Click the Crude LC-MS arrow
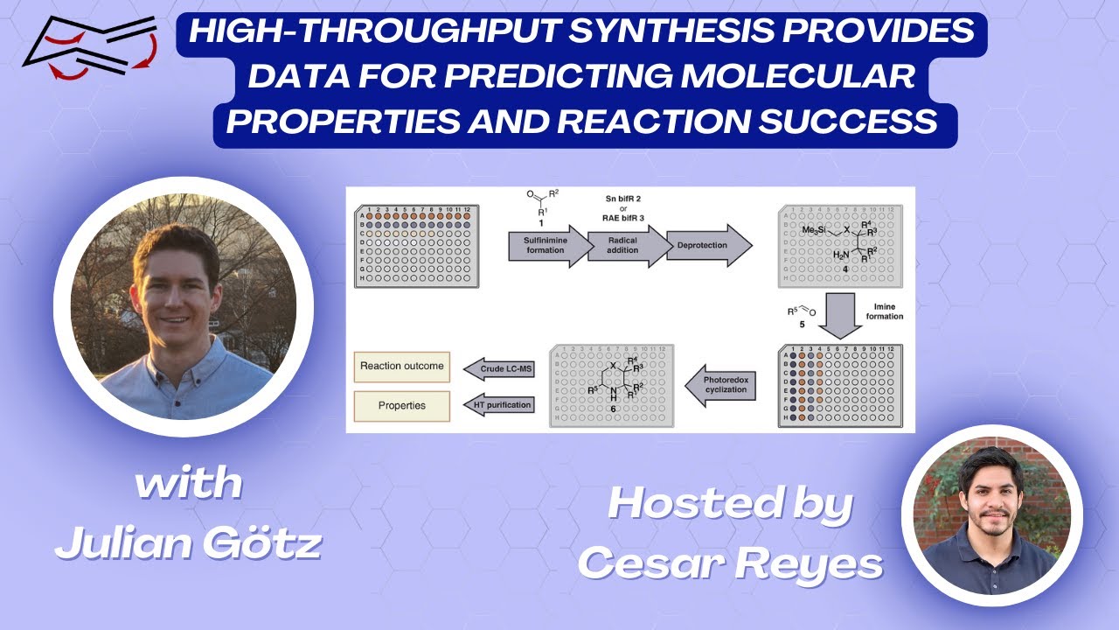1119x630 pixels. click(x=500, y=368)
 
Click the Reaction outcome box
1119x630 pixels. click(x=402, y=367)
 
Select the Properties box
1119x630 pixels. click(x=402, y=406)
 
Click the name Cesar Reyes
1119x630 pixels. click(x=730, y=564)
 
